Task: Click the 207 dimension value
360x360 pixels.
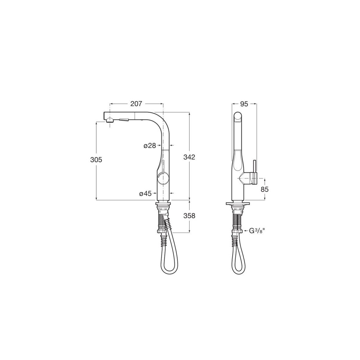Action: coord(136,104)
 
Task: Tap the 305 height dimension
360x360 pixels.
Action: coord(96,160)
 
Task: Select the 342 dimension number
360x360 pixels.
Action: coord(190,157)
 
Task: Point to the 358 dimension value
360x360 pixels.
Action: coord(189,215)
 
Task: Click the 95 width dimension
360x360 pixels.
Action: coord(244,104)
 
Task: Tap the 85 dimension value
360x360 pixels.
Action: coord(264,189)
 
